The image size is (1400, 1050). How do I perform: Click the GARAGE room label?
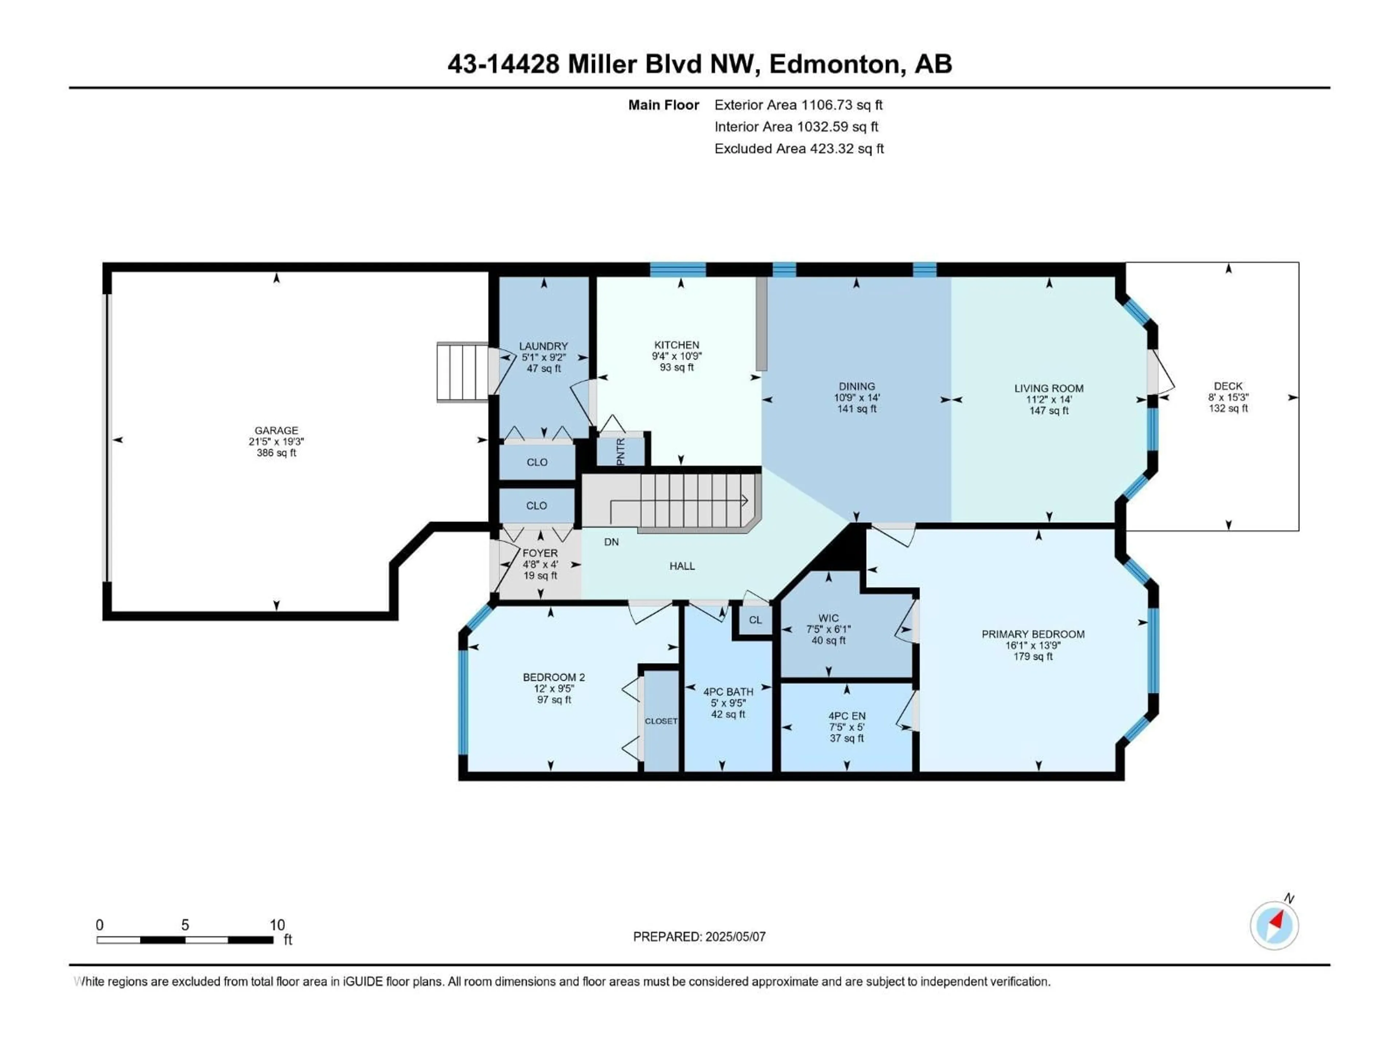(x=277, y=430)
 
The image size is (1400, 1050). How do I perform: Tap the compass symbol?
(x=1274, y=925)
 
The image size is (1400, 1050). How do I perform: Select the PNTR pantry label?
(x=620, y=451)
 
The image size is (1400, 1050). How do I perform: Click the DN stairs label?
(x=611, y=542)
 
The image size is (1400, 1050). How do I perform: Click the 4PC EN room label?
(x=847, y=716)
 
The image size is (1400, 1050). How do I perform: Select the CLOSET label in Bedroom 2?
(x=661, y=721)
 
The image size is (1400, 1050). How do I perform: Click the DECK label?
(x=1228, y=386)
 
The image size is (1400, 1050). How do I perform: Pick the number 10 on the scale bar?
(x=277, y=925)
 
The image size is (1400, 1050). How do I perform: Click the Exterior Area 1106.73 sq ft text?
(x=798, y=105)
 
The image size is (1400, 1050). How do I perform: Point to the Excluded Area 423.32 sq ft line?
(x=799, y=149)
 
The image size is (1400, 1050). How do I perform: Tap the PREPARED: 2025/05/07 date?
(x=699, y=937)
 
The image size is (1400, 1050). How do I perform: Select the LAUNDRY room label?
(x=544, y=346)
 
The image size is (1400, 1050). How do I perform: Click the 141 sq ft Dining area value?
(x=857, y=409)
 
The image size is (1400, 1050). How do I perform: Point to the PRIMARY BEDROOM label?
(x=1033, y=634)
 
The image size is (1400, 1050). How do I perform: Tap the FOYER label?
(x=540, y=553)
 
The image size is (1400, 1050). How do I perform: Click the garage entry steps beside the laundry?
(x=463, y=372)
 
